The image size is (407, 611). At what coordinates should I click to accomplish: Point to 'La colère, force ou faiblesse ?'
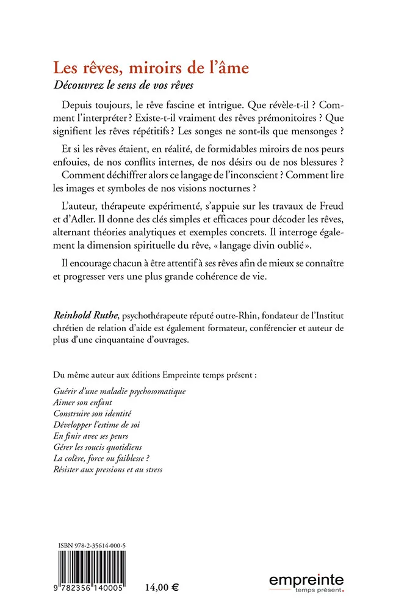[x=101, y=459]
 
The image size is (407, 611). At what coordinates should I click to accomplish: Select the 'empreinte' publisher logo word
[x=306, y=580]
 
